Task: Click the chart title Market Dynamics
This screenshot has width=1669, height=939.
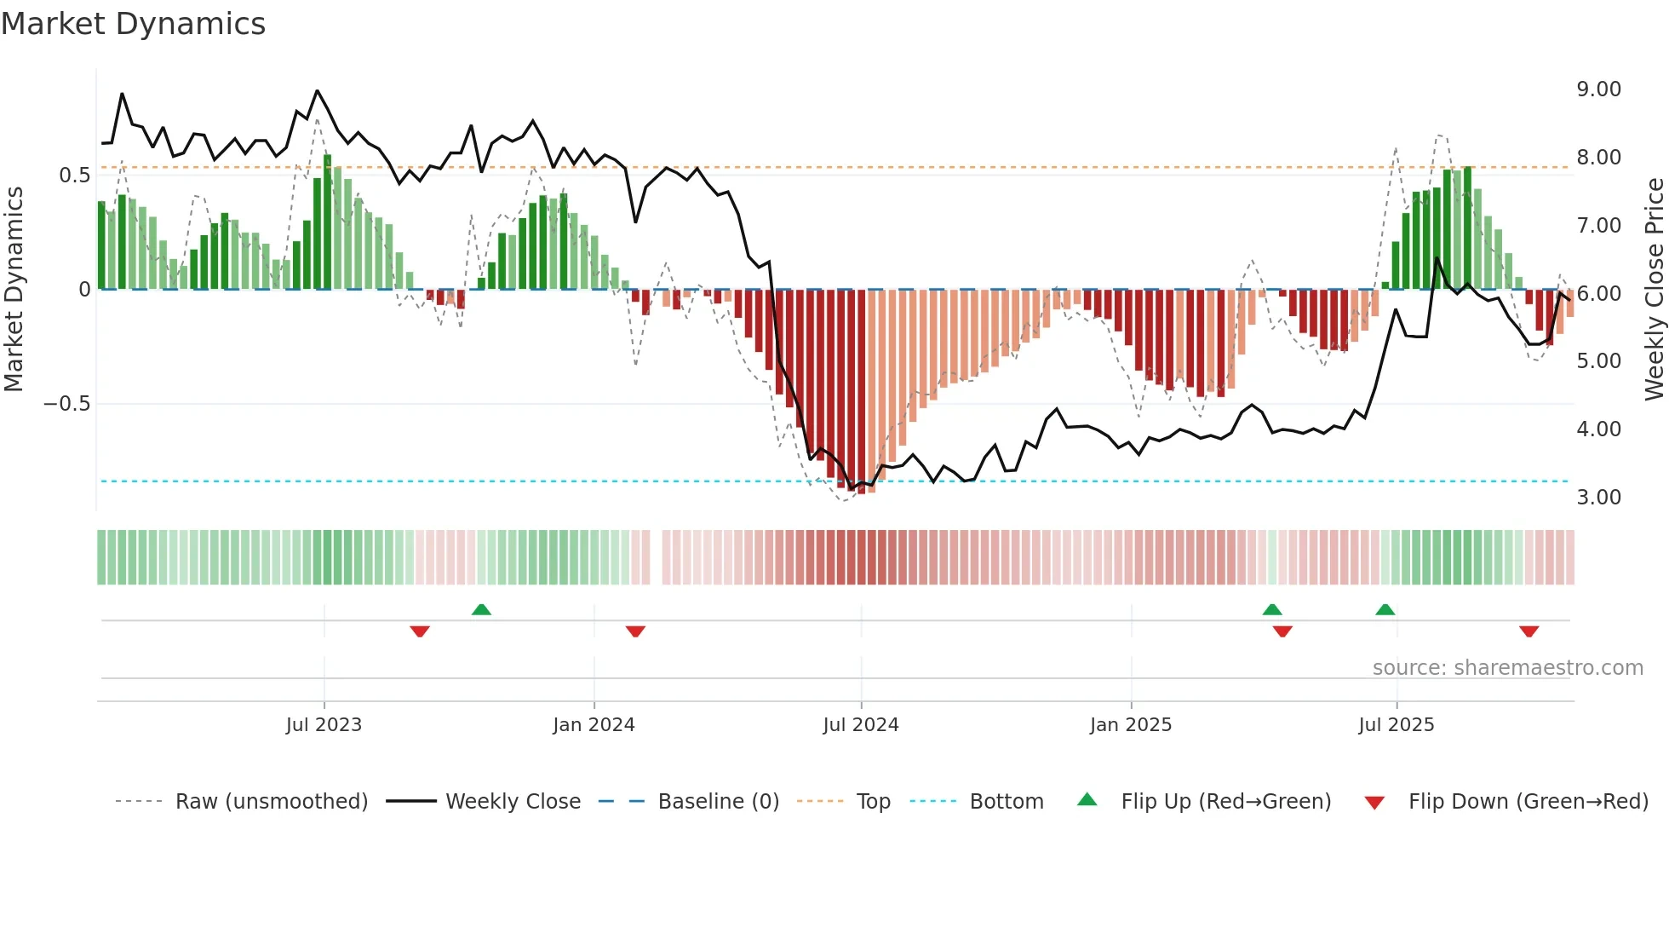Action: pos(133,24)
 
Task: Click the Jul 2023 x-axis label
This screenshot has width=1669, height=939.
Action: pos(324,724)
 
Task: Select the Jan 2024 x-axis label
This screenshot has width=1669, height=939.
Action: pos(594,724)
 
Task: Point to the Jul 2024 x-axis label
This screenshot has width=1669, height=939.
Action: pos(861,724)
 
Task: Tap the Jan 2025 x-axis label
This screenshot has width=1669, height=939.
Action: pos(1131,724)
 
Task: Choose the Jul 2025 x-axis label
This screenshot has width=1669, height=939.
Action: pos(1397,724)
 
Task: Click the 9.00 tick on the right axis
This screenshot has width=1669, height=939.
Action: pos(1598,89)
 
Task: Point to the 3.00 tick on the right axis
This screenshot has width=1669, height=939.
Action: pos(1598,498)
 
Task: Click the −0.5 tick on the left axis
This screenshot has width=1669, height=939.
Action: pos(67,404)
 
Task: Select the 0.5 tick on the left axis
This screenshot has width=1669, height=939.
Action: pos(74,176)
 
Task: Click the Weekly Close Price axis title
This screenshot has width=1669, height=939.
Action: pos(1654,290)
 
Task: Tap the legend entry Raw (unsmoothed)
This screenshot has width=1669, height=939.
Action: pos(271,802)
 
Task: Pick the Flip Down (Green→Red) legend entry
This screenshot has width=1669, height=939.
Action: pos(1528,802)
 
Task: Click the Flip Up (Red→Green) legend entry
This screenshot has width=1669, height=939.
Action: pos(1225,802)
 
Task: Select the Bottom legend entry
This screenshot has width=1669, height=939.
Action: pos(1006,802)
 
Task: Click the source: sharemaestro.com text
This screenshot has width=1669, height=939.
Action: pos(1507,668)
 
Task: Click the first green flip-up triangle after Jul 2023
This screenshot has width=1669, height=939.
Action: pos(481,609)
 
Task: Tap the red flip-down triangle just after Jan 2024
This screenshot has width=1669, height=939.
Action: pos(635,631)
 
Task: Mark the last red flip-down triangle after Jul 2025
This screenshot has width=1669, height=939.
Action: pos(1528,631)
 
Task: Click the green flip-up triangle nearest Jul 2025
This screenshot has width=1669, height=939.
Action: pos(1385,609)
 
